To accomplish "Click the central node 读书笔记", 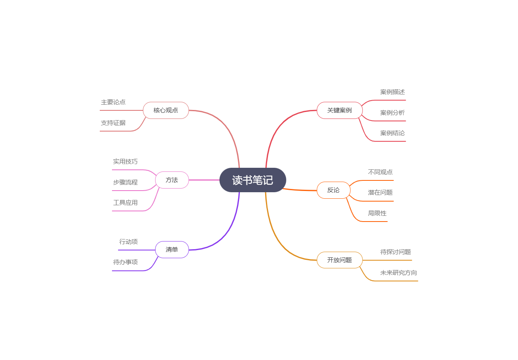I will pyautogui.click(x=252, y=180).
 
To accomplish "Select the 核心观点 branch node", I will pyautogui.click(x=166, y=110).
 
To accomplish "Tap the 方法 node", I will pyautogui.click(x=172, y=180).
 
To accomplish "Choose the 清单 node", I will pyautogui.click(x=172, y=250).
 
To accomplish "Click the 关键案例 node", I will pyautogui.click(x=340, y=110).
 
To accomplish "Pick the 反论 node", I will pyautogui.click(x=333, y=190).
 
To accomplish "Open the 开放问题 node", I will pyautogui.click(x=340, y=260).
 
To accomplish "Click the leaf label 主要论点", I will pyautogui.click(x=113, y=102).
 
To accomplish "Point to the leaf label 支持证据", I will pyautogui.click(x=113, y=123).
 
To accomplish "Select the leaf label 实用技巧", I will pyautogui.click(x=125, y=162).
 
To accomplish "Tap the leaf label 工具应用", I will pyautogui.click(x=125, y=203).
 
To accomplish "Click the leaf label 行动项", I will pyautogui.click(x=129, y=242).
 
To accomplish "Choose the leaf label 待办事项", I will pyautogui.click(x=125, y=262).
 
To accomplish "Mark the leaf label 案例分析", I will pyautogui.click(x=393, y=113).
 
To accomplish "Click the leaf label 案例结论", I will pyautogui.click(x=393, y=133).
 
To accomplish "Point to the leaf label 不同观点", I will pyautogui.click(x=380, y=172).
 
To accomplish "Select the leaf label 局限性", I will pyautogui.click(x=377, y=213).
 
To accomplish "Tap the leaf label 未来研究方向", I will pyautogui.click(x=399, y=273).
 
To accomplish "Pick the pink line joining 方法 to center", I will pyautogui.click(x=204, y=180).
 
